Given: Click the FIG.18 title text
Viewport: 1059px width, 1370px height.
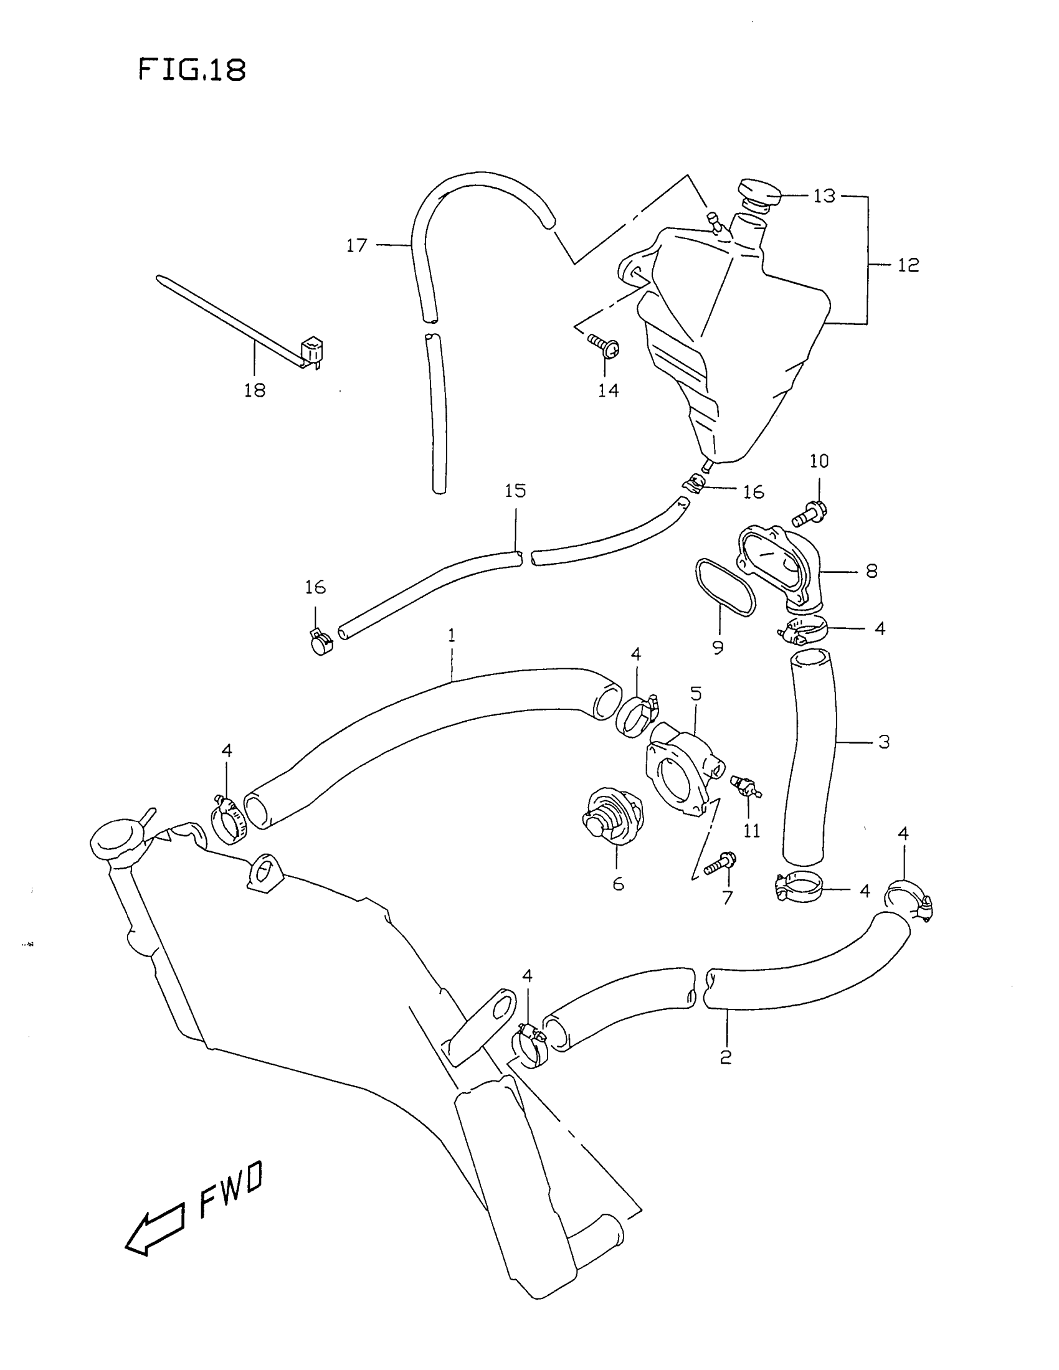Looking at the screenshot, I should tap(191, 70).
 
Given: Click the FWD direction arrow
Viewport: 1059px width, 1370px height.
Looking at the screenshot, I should tap(155, 1232).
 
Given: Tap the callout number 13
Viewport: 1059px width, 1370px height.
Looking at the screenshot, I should tap(824, 196).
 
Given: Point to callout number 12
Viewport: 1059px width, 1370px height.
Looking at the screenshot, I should tap(908, 265).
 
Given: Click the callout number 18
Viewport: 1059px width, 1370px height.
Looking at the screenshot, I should tap(255, 390).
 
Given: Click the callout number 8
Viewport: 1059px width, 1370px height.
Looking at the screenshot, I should tap(871, 571).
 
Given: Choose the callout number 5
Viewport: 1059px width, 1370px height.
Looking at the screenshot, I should tap(696, 694).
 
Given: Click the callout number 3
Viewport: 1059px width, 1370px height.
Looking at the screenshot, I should tap(883, 742).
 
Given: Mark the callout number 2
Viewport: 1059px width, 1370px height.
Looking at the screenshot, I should tap(726, 1057).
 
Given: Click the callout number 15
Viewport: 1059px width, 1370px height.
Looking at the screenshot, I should tap(515, 491).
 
